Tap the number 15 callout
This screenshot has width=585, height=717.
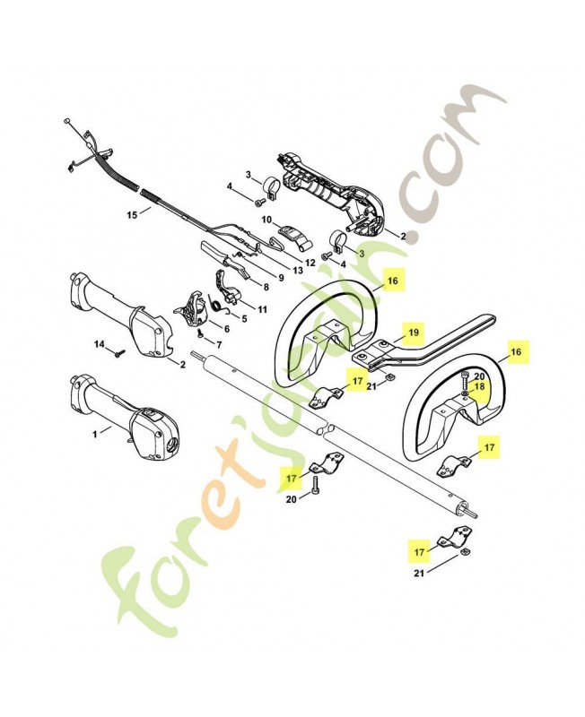(132, 214)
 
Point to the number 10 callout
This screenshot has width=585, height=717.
(266, 219)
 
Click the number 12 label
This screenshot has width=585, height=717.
(310, 263)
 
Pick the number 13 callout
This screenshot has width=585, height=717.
(297, 271)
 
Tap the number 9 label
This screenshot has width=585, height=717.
(279, 277)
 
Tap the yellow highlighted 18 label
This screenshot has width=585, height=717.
(479, 386)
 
